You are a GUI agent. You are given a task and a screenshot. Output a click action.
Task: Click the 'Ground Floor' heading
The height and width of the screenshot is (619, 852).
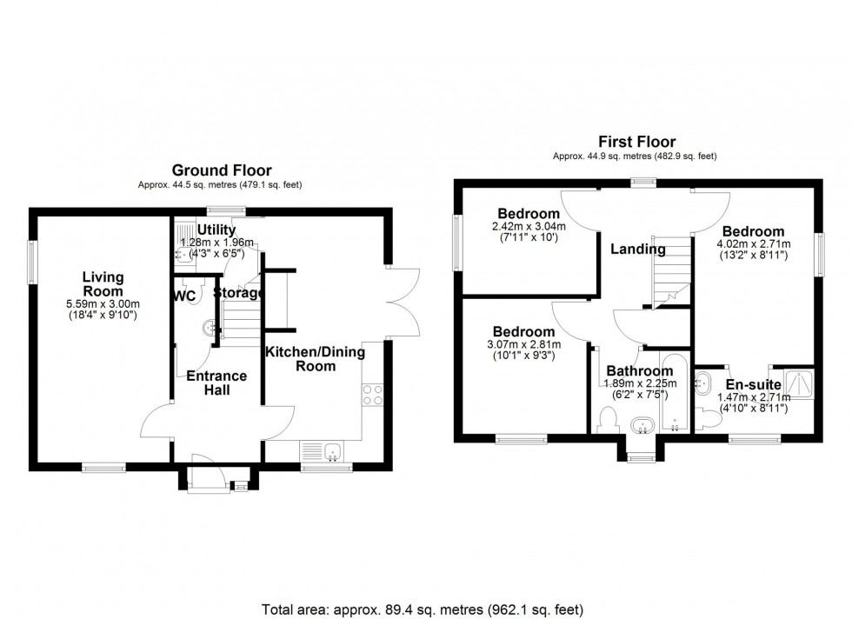(x=221, y=171)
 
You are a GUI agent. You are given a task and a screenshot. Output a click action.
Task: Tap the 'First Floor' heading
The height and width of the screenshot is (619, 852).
(x=636, y=142)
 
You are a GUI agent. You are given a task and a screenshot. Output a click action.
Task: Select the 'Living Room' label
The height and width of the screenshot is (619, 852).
(x=103, y=283)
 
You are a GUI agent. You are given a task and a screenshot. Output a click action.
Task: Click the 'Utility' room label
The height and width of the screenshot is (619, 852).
(x=216, y=230)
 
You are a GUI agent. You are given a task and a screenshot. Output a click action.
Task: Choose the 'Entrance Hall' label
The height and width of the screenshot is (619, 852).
(x=216, y=383)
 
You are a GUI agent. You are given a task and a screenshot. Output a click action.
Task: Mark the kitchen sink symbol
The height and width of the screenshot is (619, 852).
(x=323, y=451)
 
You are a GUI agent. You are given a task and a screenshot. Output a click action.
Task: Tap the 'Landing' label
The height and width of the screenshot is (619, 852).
(x=637, y=250)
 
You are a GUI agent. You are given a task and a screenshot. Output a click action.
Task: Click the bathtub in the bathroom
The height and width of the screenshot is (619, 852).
(x=674, y=393)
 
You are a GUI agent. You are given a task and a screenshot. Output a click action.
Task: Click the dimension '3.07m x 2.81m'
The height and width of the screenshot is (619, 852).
(x=523, y=344)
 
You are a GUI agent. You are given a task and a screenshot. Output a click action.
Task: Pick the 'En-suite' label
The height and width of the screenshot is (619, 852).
(x=753, y=384)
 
